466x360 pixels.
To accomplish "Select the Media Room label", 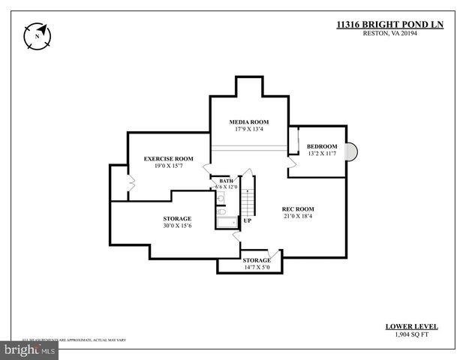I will (248, 121).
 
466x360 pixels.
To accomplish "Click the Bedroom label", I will (321, 146).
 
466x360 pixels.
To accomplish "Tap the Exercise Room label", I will (169, 158).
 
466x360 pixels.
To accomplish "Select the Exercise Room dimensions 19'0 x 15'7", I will (169, 166).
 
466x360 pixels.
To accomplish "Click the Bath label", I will (225, 181).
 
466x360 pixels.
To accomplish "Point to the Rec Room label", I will (297, 208).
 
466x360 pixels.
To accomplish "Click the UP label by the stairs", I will (247, 220).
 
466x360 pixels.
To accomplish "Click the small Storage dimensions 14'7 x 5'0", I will (257, 267).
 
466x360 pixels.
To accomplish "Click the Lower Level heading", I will (412, 327).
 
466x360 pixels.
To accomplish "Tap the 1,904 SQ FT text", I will (412, 335).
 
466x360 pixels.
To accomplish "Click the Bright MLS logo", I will (30, 349).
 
